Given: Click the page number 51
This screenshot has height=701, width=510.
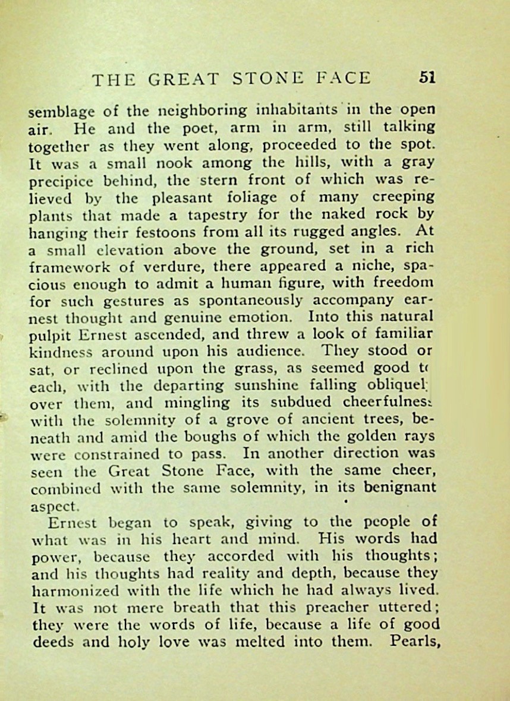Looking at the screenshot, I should (x=427, y=78).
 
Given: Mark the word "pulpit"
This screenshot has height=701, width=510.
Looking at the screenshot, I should (x=46, y=334).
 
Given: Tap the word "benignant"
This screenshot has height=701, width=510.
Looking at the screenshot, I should (x=398, y=488).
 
